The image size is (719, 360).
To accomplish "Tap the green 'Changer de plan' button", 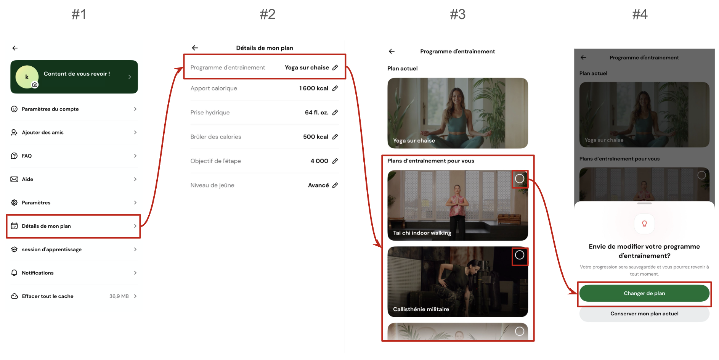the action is (x=644, y=293).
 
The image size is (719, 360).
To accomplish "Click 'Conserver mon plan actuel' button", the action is (x=644, y=314).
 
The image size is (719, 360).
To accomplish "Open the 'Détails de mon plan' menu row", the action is (x=74, y=226).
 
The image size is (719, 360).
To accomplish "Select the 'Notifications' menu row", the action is (x=74, y=273).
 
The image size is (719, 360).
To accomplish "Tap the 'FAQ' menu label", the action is (x=27, y=156).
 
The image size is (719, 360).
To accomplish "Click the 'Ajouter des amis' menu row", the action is (x=74, y=132).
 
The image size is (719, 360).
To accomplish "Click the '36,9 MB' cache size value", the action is (x=119, y=296).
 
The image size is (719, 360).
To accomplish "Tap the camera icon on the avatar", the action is (x=35, y=85).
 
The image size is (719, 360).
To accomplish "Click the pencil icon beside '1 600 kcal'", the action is (x=335, y=88).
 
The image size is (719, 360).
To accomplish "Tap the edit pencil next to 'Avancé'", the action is (x=335, y=185).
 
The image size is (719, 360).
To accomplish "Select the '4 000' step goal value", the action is (x=319, y=161).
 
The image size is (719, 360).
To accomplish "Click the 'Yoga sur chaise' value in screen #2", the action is (x=307, y=67).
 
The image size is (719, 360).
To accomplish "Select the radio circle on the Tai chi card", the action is (x=520, y=178).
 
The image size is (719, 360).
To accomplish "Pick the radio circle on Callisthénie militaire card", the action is (x=520, y=255).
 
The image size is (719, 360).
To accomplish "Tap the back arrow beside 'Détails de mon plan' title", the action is (x=195, y=48).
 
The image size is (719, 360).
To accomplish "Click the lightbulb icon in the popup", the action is (x=644, y=224).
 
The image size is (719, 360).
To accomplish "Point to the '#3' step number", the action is (x=457, y=14).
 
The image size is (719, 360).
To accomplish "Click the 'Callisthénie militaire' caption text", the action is (x=421, y=309).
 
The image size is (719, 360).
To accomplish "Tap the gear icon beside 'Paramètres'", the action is (x=14, y=202).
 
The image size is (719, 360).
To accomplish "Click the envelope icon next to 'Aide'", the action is (x=14, y=179).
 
